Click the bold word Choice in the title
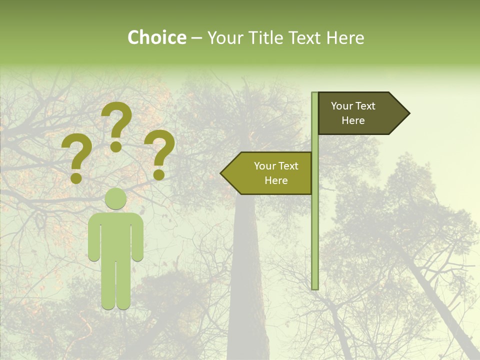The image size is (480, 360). click(x=156, y=37)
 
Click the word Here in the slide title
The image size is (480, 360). click(x=345, y=37)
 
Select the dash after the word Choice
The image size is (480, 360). click(x=196, y=38)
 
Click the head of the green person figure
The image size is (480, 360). click(x=115, y=199)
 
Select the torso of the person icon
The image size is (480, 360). click(x=115, y=235)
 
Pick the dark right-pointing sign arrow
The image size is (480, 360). click(x=360, y=113)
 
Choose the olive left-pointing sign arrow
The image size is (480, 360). click(x=267, y=173)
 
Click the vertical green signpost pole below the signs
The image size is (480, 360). click(x=315, y=240)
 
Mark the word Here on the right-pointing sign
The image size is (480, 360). click(x=353, y=120)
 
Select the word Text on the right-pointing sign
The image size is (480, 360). click(x=366, y=106)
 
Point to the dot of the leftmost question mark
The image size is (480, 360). click(x=76, y=177)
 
